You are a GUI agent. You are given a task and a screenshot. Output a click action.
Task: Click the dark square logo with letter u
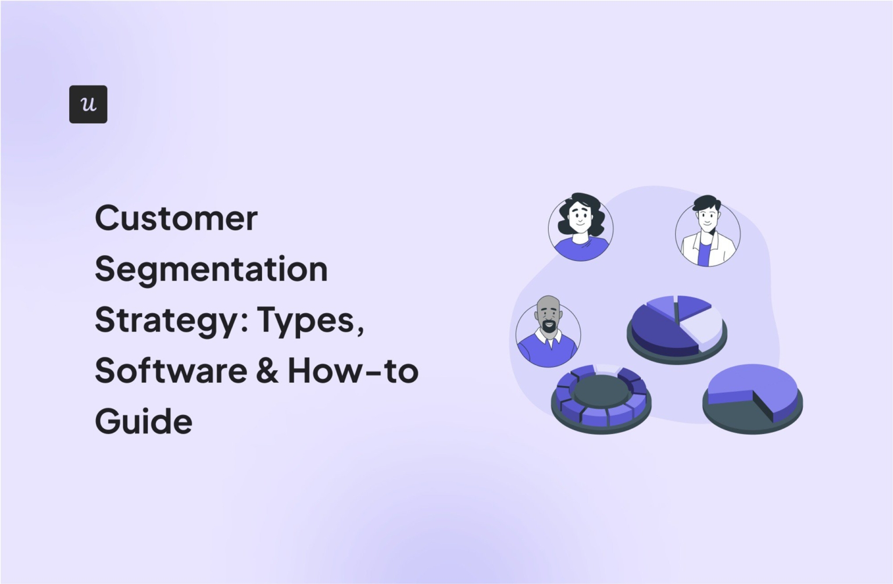click(x=88, y=105)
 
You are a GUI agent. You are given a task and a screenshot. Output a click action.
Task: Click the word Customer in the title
click(x=176, y=218)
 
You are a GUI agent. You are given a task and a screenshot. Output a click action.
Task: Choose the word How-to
click(x=353, y=371)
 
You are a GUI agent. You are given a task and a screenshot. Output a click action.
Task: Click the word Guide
click(x=144, y=421)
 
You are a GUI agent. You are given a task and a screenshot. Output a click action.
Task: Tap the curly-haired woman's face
click(x=580, y=218)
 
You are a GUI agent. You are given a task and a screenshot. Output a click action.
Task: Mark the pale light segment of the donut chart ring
click(x=606, y=369)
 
